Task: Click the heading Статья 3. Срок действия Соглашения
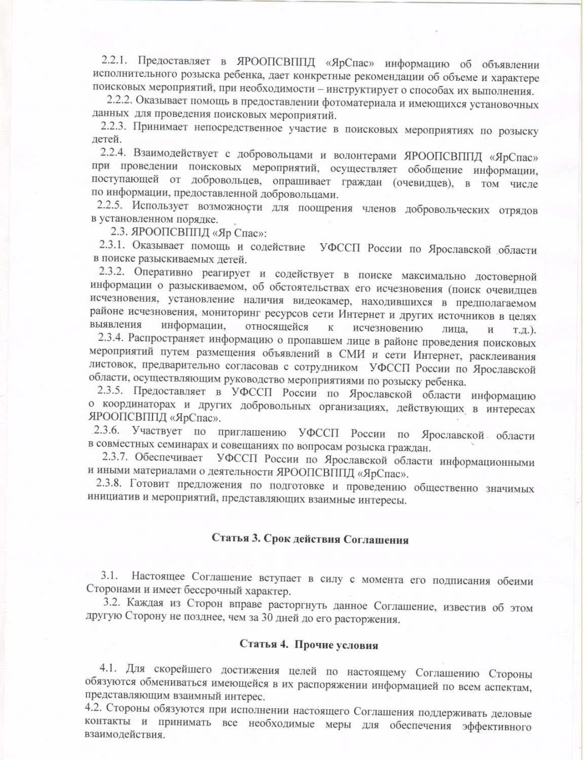[310, 539]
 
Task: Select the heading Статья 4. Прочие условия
[309, 645]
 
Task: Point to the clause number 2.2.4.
[113, 153]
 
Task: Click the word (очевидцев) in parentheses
[423, 182]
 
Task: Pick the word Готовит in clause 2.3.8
[149, 484]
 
